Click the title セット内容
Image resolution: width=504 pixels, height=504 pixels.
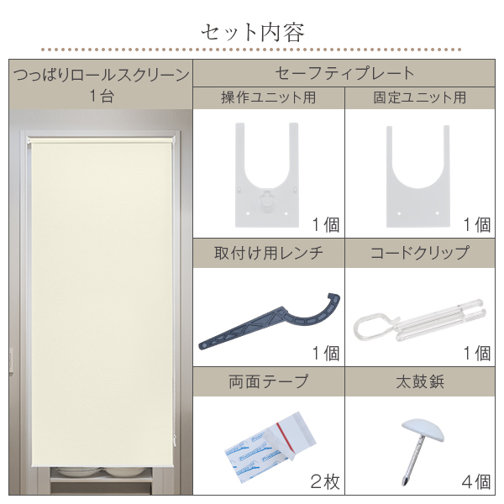pyautogui.click(x=253, y=33)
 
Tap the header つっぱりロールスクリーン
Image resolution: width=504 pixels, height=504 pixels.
pyautogui.click(x=102, y=76)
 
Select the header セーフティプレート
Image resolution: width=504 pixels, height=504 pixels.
pyautogui.click(x=344, y=73)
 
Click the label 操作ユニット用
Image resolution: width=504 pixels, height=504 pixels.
pyautogui.click(x=269, y=97)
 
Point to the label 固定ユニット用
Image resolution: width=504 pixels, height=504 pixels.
pyautogui.click(x=420, y=97)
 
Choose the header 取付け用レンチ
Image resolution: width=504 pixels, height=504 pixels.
pyautogui.click(x=269, y=253)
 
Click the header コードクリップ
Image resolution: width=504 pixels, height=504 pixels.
pyautogui.click(x=420, y=253)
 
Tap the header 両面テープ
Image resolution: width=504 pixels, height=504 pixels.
pyautogui.click(x=269, y=381)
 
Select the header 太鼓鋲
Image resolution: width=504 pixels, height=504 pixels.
pyautogui.click(x=420, y=382)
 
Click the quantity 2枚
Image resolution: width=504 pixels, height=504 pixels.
pyautogui.click(x=324, y=482)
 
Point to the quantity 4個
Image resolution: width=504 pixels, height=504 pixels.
pyautogui.click(x=476, y=482)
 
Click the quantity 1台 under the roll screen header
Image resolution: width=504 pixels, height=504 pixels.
pyautogui.click(x=102, y=96)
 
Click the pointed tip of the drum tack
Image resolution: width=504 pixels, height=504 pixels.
pyautogui.click(x=404, y=484)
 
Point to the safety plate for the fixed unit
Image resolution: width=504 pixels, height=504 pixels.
pyautogui.click(x=417, y=176)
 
